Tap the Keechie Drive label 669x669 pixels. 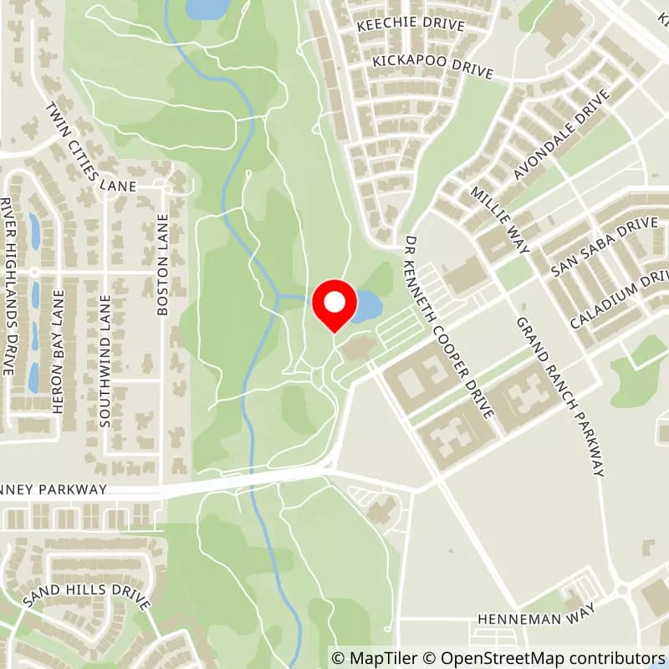[x=411, y=25]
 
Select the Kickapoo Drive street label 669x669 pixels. [x=433, y=67]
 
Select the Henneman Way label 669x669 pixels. [x=535, y=619]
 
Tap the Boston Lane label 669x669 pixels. [x=163, y=263]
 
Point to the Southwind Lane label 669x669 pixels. [x=105, y=361]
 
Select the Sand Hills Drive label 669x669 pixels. [x=87, y=593]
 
